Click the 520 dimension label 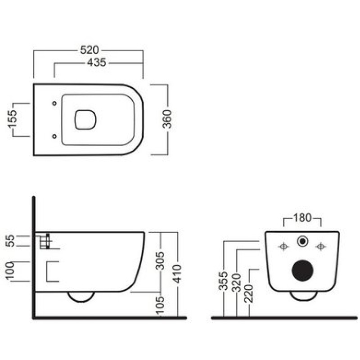click(90, 50)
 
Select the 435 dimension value click(97, 63)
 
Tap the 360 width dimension click(167, 119)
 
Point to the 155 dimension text click(12, 119)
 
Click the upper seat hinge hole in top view click(54, 103)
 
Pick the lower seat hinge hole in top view click(54, 136)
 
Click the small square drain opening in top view click(85, 120)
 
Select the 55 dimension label click(10, 241)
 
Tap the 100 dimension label click(10, 271)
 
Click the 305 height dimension click(161, 261)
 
